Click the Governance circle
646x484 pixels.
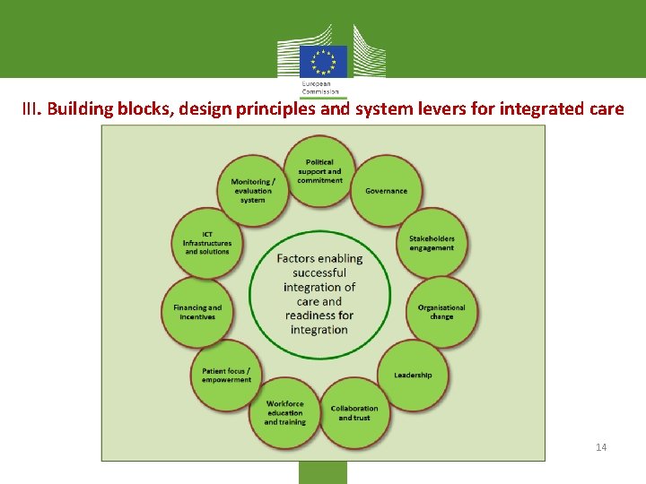tap(386, 191)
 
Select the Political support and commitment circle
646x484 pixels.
tap(319, 170)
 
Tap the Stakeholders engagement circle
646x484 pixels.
tap(432, 243)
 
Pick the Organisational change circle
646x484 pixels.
tap(441, 311)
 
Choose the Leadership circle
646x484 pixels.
tap(413, 375)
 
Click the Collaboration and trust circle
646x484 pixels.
tap(354, 413)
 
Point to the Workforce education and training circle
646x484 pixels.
tap(285, 413)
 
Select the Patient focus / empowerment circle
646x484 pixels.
tap(226, 375)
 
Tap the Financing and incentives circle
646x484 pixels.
tap(197, 311)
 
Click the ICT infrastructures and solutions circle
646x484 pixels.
tap(207, 243)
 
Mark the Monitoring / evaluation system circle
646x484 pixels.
tap(253, 190)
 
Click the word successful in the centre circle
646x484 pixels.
tap(319, 272)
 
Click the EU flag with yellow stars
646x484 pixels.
tap(323, 62)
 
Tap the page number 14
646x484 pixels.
tap(601, 446)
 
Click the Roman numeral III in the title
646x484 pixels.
tap(31, 110)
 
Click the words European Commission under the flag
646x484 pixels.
tap(320, 88)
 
